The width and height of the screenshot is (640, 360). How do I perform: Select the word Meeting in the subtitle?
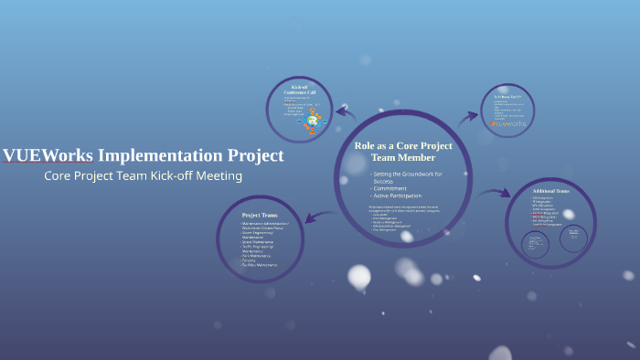pos(219,175)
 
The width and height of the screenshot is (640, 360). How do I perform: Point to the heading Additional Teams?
pos(550,191)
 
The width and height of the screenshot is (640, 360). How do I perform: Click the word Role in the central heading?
pos(366,146)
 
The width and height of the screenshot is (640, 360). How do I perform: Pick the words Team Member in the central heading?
pos(403,157)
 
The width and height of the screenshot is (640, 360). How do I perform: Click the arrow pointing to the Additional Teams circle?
pos(495,192)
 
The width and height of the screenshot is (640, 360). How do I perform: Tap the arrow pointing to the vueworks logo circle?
pos(467,116)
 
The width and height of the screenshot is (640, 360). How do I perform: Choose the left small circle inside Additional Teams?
pos(536,241)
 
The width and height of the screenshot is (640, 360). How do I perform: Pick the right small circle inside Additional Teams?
pos(573,236)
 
